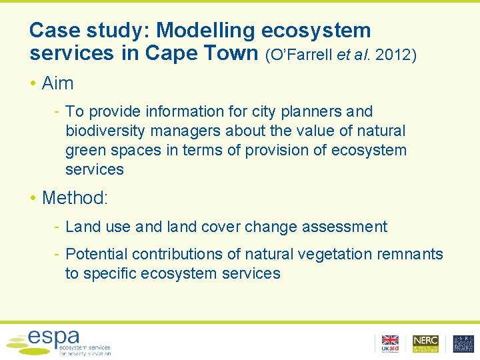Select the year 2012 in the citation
tap(393, 55)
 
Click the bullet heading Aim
tap(57, 83)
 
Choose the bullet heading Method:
tap(73, 198)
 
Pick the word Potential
tap(97, 254)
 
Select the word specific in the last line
tap(115, 273)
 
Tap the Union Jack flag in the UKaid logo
tap(390, 340)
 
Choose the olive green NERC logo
tap(425, 343)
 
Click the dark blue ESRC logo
tap(463, 343)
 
